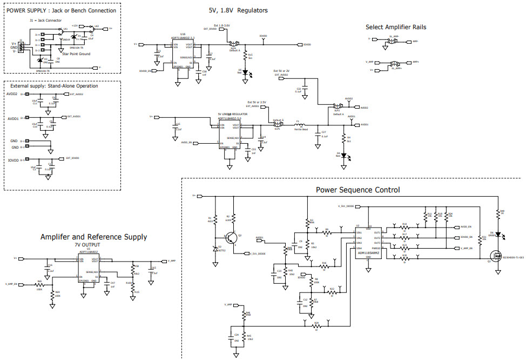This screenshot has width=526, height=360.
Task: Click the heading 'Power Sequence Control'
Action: [358, 190]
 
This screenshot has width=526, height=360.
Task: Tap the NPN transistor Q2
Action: [232, 237]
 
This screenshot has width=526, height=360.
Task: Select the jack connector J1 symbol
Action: [21, 46]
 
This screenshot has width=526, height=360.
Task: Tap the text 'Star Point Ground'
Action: [77, 54]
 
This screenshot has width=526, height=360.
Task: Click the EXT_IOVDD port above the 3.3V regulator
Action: [211, 28]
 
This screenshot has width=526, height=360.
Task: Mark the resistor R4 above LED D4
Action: [343, 139]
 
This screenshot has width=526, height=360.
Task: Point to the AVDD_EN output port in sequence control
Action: [465, 227]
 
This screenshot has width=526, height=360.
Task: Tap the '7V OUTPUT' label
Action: [88, 245]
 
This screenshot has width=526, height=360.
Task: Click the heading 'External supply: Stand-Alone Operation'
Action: [52, 85]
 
